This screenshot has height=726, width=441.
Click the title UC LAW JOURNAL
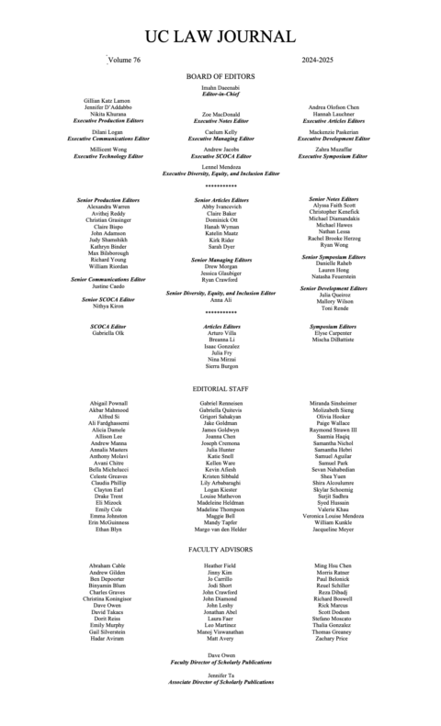(220, 36)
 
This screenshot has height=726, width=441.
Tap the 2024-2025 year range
(322, 59)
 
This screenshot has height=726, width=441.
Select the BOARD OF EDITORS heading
(220, 76)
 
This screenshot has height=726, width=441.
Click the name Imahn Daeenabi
(220, 87)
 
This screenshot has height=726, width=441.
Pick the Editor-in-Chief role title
(220, 94)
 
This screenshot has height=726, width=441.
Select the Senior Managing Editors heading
(220, 260)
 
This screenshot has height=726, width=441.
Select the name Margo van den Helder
(220, 531)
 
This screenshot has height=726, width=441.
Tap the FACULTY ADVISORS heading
(220, 552)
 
